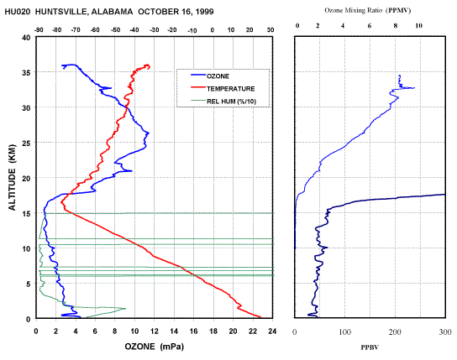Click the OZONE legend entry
(x=210, y=76)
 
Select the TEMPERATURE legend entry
(x=223, y=88)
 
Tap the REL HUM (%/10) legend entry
(x=223, y=102)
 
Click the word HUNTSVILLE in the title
(x=60, y=12)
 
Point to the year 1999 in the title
(x=204, y=12)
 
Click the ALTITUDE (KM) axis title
(x=12, y=177)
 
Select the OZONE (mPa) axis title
(x=155, y=347)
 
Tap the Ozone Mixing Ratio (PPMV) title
(x=368, y=10)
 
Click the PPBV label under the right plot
(x=370, y=347)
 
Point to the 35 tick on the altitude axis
(x=27, y=72)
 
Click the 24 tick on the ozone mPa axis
(x=272, y=331)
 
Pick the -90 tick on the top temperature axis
(x=39, y=30)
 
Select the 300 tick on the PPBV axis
(x=444, y=331)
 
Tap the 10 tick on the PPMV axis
(x=418, y=26)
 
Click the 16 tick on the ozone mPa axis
(x=193, y=331)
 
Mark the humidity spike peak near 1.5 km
(x=125, y=309)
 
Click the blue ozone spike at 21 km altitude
(x=131, y=171)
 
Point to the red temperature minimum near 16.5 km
(x=61, y=202)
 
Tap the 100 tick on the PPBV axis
(x=344, y=331)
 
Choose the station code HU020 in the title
(x=17, y=12)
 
